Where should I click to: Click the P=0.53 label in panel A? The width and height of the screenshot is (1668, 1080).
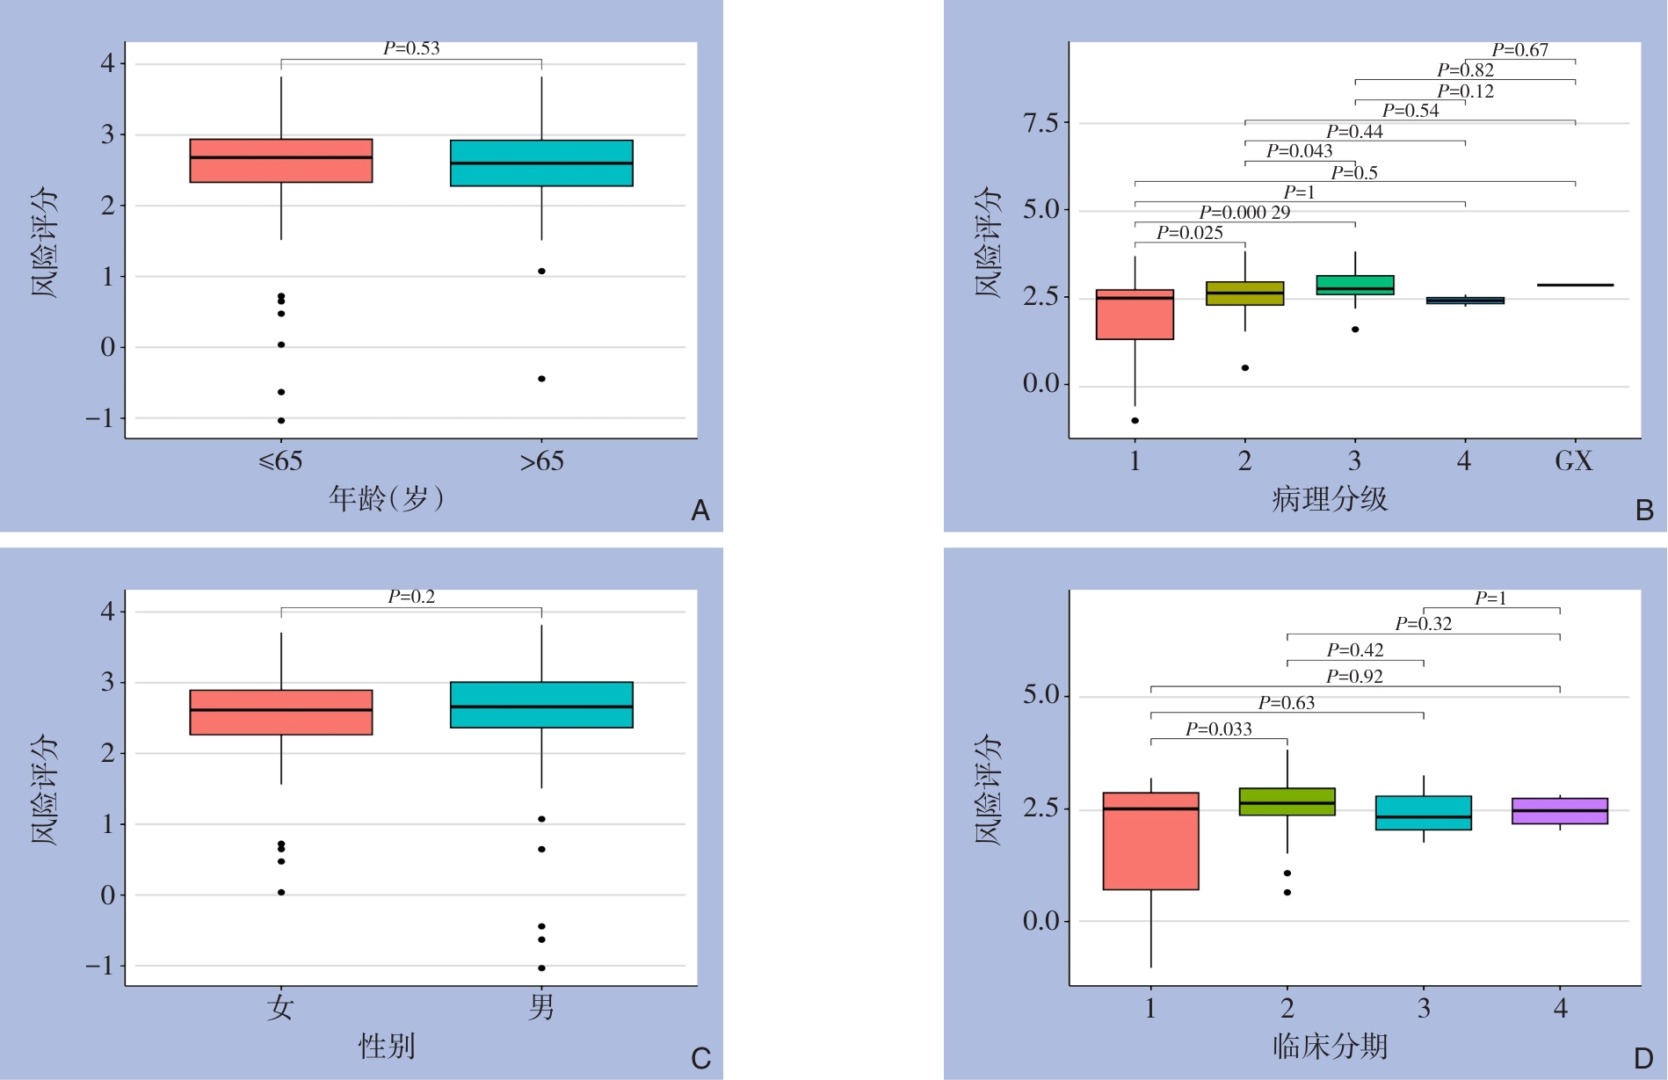point(411,48)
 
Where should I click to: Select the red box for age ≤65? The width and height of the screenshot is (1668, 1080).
point(281,161)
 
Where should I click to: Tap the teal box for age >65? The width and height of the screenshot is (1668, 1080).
point(541,163)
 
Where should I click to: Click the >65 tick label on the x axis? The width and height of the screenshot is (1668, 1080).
point(541,461)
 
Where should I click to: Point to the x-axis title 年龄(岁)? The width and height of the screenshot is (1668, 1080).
point(387,499)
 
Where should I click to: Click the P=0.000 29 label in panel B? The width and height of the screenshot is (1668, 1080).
point(1244,213)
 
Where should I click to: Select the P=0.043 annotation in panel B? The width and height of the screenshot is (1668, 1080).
point(1299,151)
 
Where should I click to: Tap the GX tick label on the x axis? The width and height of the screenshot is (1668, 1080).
point(1573,461)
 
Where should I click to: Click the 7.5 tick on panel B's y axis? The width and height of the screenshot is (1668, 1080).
point(1041,123)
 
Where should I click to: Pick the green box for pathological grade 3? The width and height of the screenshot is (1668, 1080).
point(1355,285)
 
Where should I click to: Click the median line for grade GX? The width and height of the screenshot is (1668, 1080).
point(1575,285)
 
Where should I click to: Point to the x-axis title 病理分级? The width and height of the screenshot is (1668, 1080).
point(1329,499)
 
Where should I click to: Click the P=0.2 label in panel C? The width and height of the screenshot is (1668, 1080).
point(411,597)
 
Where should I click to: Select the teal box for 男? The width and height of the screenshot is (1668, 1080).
point(541,705)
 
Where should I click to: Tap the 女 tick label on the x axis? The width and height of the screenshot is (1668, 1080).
point(280,1007)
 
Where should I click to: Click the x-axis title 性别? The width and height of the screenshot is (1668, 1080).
point(387,1047)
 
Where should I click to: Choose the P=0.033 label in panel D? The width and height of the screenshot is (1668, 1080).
point(1218,729)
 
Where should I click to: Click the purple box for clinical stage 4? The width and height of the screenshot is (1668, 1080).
point(1560,811)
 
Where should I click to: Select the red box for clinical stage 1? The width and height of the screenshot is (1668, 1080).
point(1151,841)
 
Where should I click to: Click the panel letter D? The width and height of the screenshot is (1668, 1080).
point(1643,1058)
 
